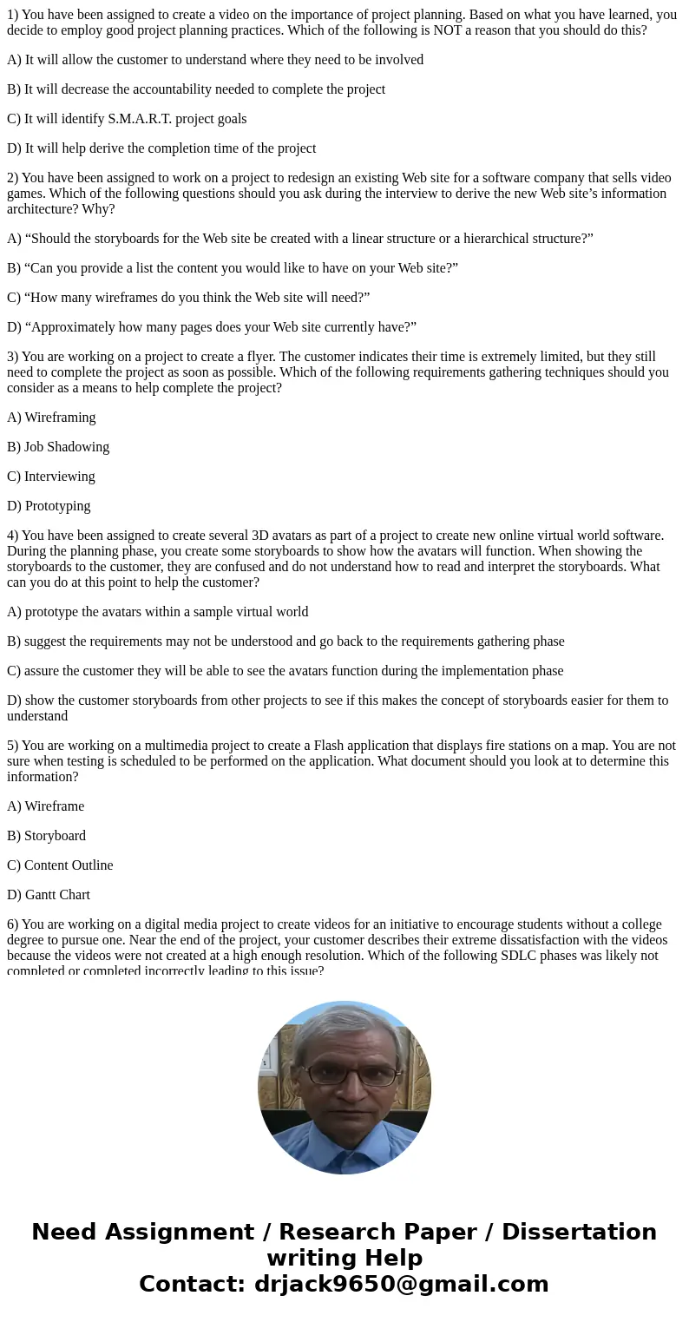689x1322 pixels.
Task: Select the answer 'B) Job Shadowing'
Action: (58, 446)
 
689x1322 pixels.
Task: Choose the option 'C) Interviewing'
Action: (51, 476)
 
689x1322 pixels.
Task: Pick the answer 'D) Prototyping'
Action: (49, 505)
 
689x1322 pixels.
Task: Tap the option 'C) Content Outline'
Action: (60, 865)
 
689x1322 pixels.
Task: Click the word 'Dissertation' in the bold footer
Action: (579, 1232)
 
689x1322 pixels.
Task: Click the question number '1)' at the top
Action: (12, 14)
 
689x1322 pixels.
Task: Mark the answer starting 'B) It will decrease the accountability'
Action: (196, 89)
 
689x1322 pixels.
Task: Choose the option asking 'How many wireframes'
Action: (188, 297)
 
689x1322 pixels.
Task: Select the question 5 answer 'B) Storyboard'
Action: (46, 835)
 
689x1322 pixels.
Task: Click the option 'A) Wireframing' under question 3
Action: (51, 417)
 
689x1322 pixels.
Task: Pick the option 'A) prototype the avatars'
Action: (157, 611)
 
